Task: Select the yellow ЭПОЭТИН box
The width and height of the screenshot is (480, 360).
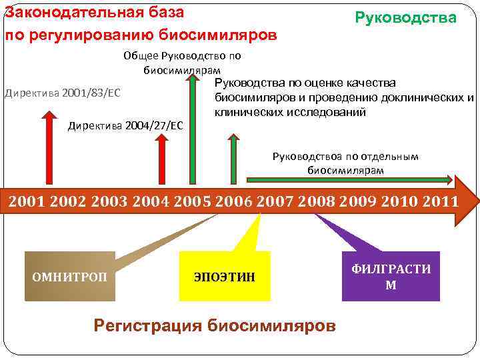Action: click(x=225, y=276)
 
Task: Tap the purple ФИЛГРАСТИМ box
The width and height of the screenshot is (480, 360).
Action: click(x=391, y=276)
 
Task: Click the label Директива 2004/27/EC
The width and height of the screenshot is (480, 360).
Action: click(x=125, y=125)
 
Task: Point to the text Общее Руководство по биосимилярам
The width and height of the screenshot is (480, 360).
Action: click(x=182, y=62)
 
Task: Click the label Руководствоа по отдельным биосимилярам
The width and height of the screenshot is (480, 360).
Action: click(x=345, y=163)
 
